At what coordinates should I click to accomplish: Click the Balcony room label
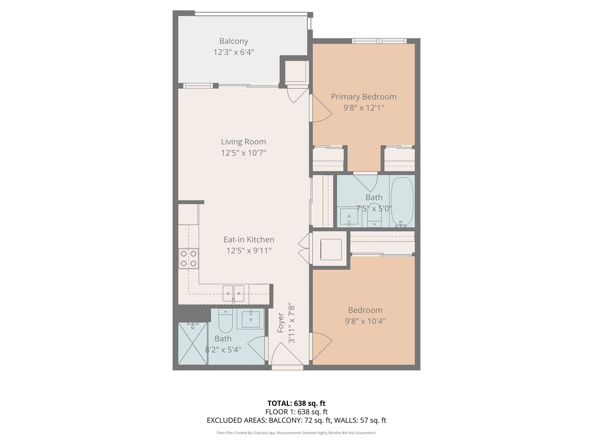click(233, 41)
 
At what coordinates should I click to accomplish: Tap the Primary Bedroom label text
click(363, 97)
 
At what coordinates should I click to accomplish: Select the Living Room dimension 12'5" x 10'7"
click(244, 153)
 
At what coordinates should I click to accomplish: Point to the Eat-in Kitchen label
click(249, 240)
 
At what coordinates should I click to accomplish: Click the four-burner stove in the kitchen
click(189, 258)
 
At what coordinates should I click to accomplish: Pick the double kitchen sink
click(233, 293)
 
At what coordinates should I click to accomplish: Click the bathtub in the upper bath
click(402, 202)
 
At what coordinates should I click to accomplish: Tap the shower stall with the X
click(193, 343)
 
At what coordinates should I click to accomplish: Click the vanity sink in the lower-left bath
click(251, 319)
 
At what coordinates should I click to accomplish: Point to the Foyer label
click(281, 323)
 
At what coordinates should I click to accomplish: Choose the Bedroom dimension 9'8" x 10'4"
click(365, 321)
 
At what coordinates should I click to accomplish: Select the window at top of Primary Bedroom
click(379, 41)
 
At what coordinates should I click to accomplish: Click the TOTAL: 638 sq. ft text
click(296, 403)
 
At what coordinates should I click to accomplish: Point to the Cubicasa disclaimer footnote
click(296, 433)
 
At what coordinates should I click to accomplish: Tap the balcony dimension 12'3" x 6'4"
click(233, 52)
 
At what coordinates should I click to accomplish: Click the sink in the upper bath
click(349, 217)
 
